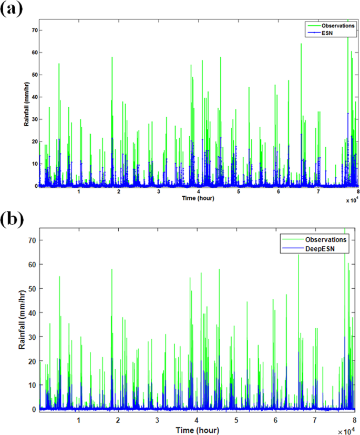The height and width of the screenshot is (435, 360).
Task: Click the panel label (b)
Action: (x=12, y=218)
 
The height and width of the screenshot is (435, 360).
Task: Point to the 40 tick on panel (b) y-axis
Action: (x=32, y=312)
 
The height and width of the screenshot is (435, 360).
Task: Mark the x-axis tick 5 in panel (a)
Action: (x=239, y=192)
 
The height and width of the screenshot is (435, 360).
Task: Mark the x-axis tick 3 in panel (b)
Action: (x=157, y=420)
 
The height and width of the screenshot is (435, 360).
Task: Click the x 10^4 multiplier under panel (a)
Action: (x=351, y=200)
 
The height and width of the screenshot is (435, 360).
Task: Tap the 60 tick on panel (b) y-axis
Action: (x=32, y=264)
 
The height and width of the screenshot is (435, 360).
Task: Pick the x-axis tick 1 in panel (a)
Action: (x=79, y=192)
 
